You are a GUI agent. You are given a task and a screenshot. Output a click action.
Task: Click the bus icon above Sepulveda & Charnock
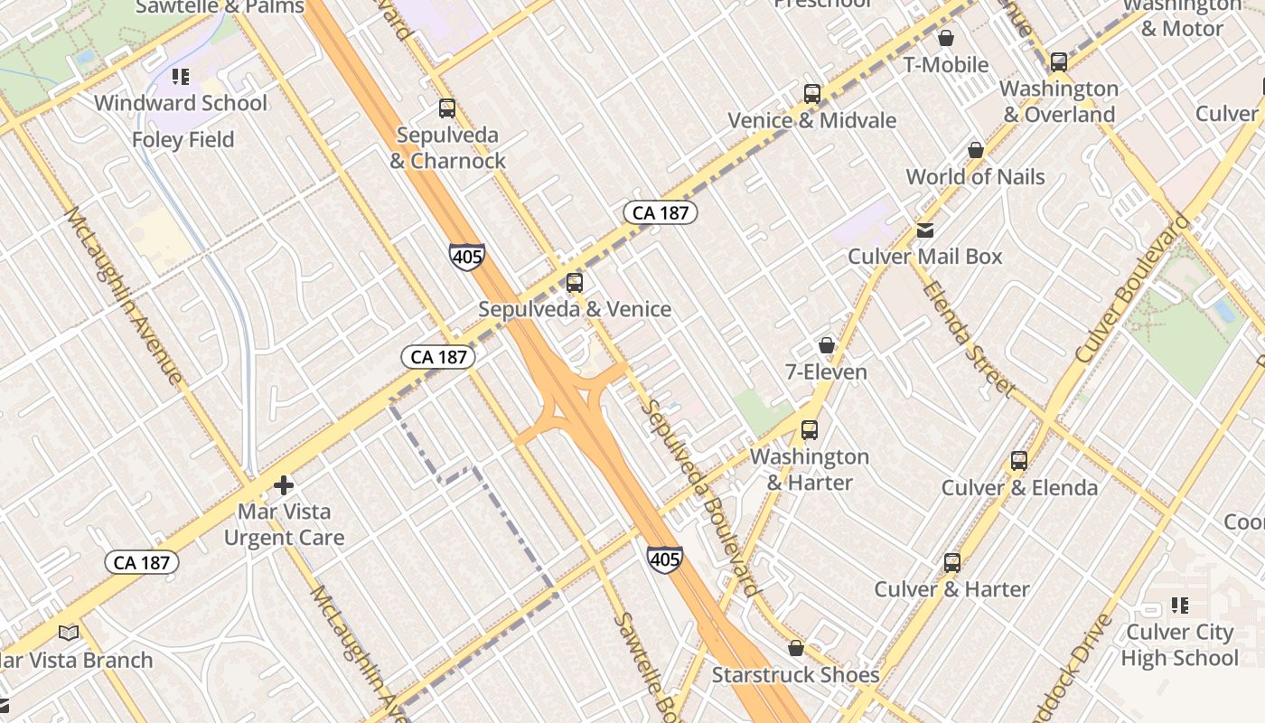446,108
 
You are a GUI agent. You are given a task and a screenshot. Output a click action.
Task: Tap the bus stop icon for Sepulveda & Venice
575,283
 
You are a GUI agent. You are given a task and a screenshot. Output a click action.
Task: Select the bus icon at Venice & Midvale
811,94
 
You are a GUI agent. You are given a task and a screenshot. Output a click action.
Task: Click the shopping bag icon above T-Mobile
946,38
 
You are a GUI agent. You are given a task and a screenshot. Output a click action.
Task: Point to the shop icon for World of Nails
975,150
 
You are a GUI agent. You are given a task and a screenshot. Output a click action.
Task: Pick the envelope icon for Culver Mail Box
925,230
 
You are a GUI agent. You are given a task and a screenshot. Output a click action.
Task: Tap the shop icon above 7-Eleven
826,345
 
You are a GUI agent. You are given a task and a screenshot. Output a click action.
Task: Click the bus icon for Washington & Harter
810,430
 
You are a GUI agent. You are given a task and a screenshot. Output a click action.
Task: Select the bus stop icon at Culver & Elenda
1019,461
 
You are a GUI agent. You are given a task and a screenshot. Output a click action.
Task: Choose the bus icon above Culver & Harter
952,563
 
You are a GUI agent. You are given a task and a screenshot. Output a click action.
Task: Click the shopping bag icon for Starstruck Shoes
796,648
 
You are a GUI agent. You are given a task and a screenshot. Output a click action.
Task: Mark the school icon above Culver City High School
1179,606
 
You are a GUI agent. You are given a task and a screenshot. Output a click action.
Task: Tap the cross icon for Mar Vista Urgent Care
284,485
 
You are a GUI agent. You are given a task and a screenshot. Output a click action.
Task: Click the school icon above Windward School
181,77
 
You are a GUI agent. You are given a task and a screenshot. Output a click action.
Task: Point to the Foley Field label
183,140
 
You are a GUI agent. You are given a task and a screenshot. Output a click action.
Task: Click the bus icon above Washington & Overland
1058,62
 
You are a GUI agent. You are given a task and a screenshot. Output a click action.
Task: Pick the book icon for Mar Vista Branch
69,634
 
